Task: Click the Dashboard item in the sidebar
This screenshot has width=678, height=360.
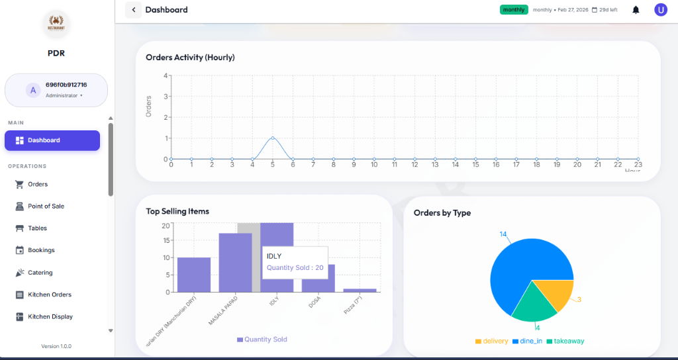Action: [x=52, y=140]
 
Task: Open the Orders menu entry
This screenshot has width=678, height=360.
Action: [x=37, y=184]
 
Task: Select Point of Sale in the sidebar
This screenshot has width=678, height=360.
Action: [x=45, y=206]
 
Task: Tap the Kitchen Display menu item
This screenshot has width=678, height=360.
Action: [x=50, y=317]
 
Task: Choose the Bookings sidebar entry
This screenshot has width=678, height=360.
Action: [x=41, y=250]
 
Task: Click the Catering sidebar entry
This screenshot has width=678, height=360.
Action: [x=40, y=273]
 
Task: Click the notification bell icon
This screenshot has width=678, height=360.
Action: [x=636, y=10]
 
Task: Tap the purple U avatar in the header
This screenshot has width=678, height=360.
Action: [x=660, y=10]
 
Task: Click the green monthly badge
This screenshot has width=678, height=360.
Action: [x=514, y=10]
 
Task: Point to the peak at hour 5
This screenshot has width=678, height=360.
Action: [x=272, y=138]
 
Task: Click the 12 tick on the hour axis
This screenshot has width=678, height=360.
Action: [x=414, y=164]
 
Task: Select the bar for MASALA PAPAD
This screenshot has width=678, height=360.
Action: [x=235, y=263]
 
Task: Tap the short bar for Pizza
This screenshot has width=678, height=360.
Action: [x=360, y=290]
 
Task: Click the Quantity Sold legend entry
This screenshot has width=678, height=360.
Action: [x=262, y=339]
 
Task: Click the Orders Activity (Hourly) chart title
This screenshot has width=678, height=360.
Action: [x=190, y=58]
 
